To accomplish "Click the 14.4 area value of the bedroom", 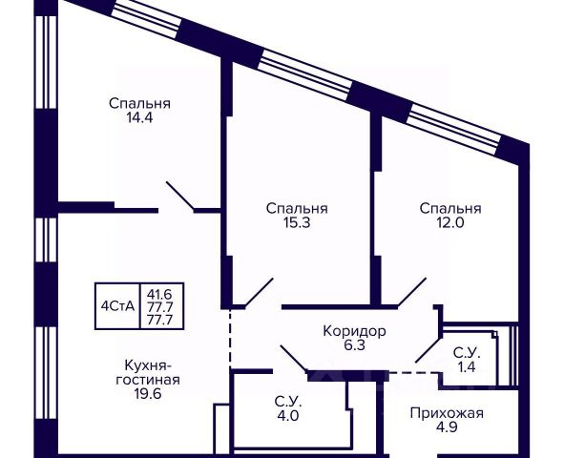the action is [139, 117].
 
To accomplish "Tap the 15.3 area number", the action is [297, 223].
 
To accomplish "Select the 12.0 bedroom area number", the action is [450, 223].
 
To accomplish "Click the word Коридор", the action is [355, 331].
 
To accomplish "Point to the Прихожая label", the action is [447, 413].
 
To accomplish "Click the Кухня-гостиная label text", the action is [148, 373].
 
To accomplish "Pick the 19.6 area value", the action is [148, 394].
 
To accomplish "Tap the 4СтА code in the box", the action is [117, 306].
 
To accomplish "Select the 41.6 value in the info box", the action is [159, 295].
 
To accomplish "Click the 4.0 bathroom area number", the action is [288, 416].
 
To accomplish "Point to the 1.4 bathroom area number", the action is [467, 367].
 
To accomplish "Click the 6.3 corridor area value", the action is [355, 345].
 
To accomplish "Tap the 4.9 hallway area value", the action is [447, 427].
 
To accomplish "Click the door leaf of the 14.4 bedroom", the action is [180, 196].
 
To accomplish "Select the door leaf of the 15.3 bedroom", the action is [259, 293].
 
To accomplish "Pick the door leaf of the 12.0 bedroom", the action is [412, 293].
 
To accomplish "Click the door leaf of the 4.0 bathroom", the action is [294, 358].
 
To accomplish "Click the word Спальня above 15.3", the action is [297, 209].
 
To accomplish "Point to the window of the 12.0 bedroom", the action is [455, 129].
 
